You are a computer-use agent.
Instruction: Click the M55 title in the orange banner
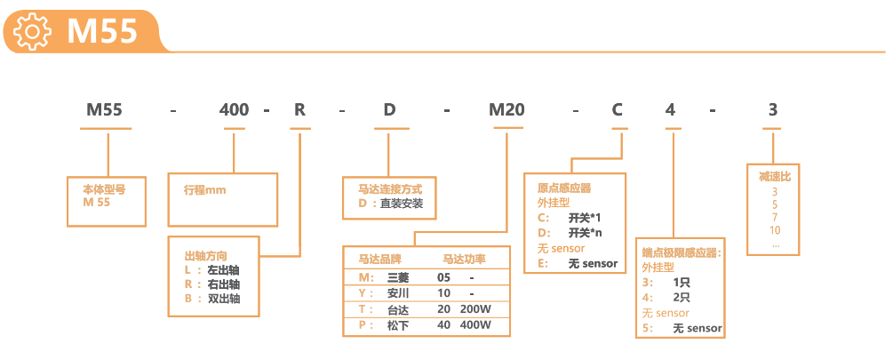(x=102, y=31)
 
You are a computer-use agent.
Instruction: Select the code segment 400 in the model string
(x=234, y=110)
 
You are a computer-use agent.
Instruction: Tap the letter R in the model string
(x=300, y=110)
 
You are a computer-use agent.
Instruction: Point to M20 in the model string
(x=507, y=110)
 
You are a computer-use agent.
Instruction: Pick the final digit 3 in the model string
(x=772, y=110)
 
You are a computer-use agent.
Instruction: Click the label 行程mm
(x=205, y=189)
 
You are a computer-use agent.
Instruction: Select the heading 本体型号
(x=104, y=189)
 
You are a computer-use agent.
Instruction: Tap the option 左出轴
(x=223, y=268)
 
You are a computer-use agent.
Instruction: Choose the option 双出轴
(x=223, y=299)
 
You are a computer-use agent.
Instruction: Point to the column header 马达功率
(x=464, y=260)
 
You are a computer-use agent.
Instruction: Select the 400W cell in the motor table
(x=475, y=325)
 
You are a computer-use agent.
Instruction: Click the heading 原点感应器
(x=564, y=188)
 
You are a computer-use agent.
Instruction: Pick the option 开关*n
(x=585, y=233)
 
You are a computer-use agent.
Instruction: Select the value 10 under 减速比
(x=775, y=230)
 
